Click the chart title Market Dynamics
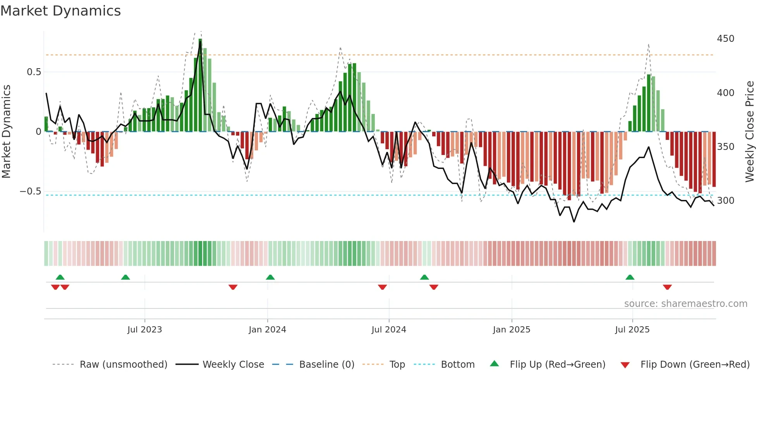[60, 11]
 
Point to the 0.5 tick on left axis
[34, 72]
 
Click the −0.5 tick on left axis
[30, 191]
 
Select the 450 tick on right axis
[725, 39]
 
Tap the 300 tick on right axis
[725, 201]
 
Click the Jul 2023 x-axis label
[144, 330]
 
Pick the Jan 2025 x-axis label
[511, 330]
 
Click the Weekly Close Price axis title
[750, 132]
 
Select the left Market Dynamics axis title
[6, 132]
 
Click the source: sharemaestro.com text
[685, 304]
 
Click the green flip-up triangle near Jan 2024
[270, 277]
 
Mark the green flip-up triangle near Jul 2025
[630, 277]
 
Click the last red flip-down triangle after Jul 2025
[667, 287]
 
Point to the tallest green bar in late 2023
[200, 85]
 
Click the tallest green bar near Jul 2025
[649, 103]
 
